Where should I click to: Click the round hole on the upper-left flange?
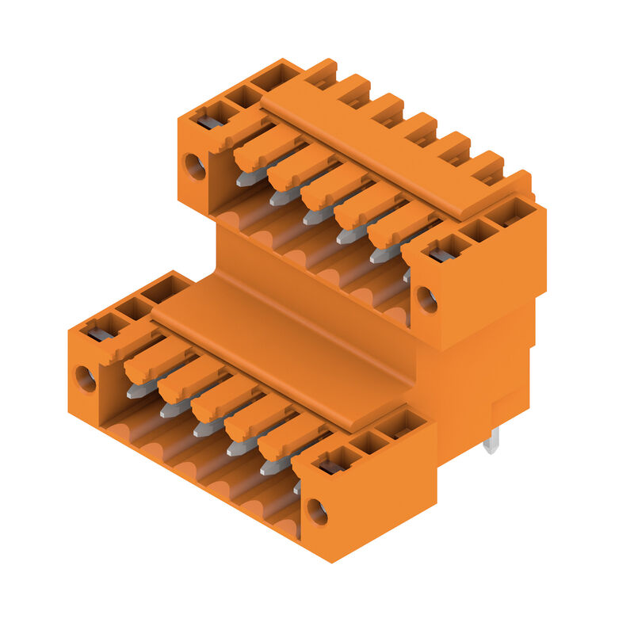195,166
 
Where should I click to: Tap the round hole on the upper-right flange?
426,299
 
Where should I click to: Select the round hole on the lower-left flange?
86,378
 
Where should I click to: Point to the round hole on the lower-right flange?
317,512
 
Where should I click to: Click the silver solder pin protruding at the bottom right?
491,441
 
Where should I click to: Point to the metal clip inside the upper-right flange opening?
441,255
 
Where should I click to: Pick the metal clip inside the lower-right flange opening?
331,467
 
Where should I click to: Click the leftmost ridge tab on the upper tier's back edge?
320,73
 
